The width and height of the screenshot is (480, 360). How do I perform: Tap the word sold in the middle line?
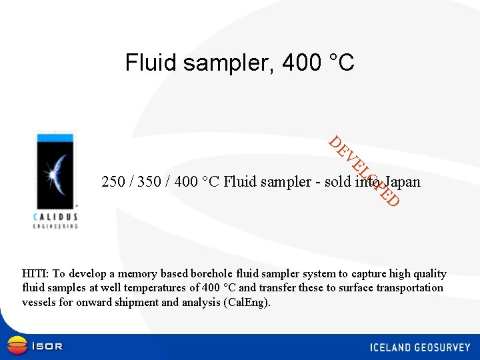[338, 182]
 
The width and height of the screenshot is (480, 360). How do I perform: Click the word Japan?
[401, 182]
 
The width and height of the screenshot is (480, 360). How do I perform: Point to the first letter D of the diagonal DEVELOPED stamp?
[336, 142]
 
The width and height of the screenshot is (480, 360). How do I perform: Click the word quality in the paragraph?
[430, 273]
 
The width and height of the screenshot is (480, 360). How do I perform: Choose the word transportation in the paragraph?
[409, 288]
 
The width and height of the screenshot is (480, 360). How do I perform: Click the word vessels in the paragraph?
[37, 302]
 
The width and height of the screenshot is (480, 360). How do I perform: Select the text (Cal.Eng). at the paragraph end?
[248, 302]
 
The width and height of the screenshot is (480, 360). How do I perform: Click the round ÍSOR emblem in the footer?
[17, 345]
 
